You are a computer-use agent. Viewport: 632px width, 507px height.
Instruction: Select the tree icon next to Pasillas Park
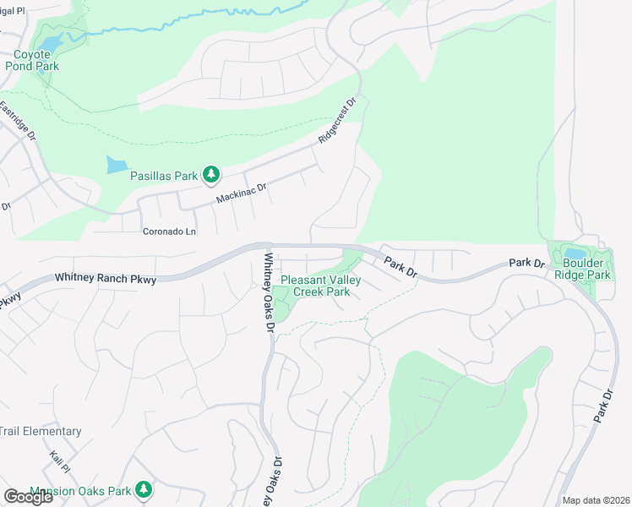[x=211, y=176]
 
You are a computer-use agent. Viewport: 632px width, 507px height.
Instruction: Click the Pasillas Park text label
[x=163, y=176]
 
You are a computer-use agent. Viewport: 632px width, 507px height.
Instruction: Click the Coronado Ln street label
[x=169, y=231]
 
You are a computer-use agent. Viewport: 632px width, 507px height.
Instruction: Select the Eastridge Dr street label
[x=19, y=123]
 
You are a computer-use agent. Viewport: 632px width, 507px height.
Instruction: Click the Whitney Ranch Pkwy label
[x=106, y=277]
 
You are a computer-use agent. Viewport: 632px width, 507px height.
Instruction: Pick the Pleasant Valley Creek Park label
[x=315, y=286]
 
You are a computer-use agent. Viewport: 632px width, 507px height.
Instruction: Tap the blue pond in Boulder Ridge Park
[x=575, y=253]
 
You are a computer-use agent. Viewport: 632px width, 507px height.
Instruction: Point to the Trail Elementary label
[x=41, y=431]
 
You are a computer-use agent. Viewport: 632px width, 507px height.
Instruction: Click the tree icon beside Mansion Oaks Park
[x=144, y=489]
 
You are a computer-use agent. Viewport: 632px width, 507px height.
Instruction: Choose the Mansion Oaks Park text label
[x=80, y=491]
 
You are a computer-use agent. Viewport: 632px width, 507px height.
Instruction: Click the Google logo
[x=28, y=497]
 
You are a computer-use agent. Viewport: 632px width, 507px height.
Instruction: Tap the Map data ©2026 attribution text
[x=597, y=500]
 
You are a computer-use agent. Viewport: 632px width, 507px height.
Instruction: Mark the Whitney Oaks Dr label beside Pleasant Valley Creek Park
[x=269, y=292]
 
